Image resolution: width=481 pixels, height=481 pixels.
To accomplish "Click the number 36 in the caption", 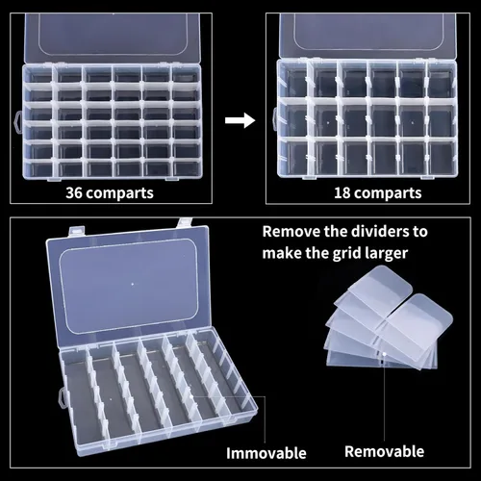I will pos(74,192).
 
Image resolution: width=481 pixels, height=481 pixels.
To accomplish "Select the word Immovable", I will pos(266,451).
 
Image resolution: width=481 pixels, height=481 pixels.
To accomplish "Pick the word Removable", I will pos(384,450).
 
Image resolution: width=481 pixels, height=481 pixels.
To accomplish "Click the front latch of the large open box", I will pos(58,394).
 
